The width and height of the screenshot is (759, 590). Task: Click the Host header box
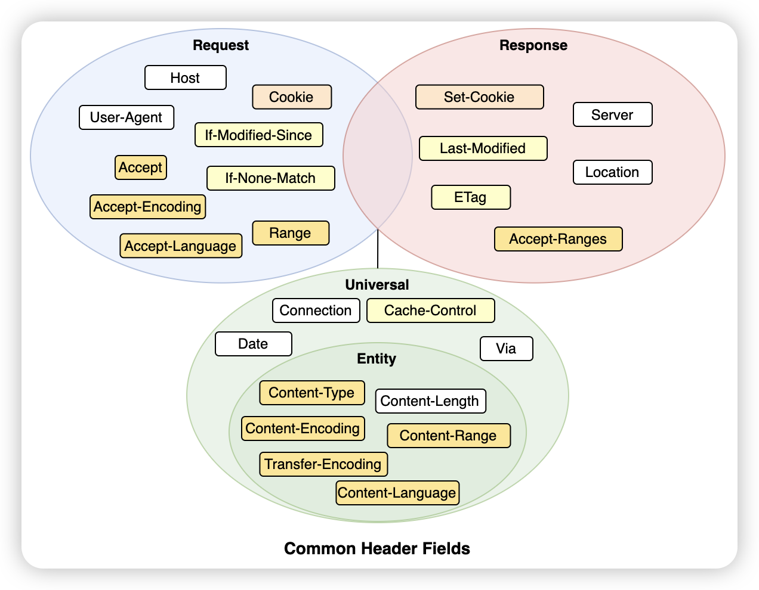click(x=185, y=77)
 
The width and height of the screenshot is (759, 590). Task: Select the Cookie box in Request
click(x=292, y=97)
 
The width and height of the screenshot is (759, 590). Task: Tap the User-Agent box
click(x=126, y=117)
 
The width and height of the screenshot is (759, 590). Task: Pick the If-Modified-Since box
click(x=258, y=135)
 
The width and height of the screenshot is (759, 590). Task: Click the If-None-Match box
click(x=271, y=178)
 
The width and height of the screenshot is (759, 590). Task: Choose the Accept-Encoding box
click(x=147, y=207)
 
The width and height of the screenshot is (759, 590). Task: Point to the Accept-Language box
click(x=181, y=246)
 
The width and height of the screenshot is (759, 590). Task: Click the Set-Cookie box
click(x=479, y=97)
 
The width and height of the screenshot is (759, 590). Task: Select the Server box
click(x=612, y=114)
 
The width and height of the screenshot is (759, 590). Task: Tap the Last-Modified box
click(x=483, y=148)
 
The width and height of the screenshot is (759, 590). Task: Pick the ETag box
click(x=470, y=197)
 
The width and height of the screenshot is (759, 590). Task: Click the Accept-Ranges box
click(x=558, y=239)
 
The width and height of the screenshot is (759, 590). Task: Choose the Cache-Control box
click(x=430, y=310)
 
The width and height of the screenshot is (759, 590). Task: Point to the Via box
click(x=506, y=349)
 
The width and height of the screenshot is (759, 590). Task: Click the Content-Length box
click(x=430, y=401)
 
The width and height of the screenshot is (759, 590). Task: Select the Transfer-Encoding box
click(x=323, y=464)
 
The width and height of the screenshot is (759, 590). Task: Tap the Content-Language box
click(x=397, y=493)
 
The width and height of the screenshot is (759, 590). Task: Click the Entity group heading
click(x=377, y=358)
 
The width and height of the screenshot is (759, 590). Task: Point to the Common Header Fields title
click(x=377, y=548)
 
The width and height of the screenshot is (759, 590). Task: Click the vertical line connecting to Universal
click(x=378, y=249)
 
